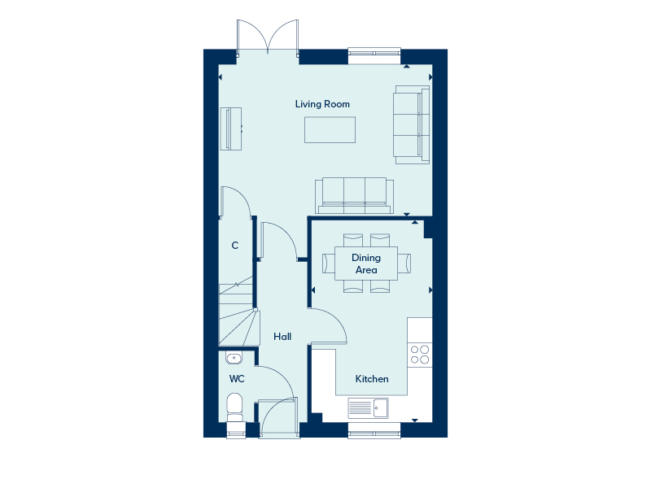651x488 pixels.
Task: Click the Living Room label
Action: pyautogui.click(x=322, y=104)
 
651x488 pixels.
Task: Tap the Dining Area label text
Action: pyautogui.click(x=365, y=264)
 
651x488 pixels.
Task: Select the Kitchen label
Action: pyautogui.click(x=371, y=379)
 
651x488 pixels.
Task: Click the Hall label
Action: pyautogui.click(x=282, y=336)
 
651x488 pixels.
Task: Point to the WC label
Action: pyautogui.click(x=237, y=379)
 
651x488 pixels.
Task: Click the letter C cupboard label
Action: pyautogui.click(x=235, y=245)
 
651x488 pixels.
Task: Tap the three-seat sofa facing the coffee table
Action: pyautogui.click(x=354, y=193)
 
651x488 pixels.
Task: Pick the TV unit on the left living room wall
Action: pyautogui.click(x=230, y=129)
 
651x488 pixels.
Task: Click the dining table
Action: pyautogui.click(x=366, y=264)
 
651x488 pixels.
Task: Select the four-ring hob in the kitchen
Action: pyautogui.click(x=420, y=355)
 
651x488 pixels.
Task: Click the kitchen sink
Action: pyautogui.click(x=369, y=407)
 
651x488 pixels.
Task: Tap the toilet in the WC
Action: pyautogui.click(x=235, y=406)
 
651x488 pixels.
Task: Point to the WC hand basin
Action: pyautogui.click(x=234, y=357)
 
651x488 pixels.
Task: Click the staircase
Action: pyautogui.click(x=237, y=315)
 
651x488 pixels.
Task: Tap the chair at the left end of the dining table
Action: pyautogui.click(x=329, y=264)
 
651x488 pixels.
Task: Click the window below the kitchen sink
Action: pyautogui.click(x=374, y=430)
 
